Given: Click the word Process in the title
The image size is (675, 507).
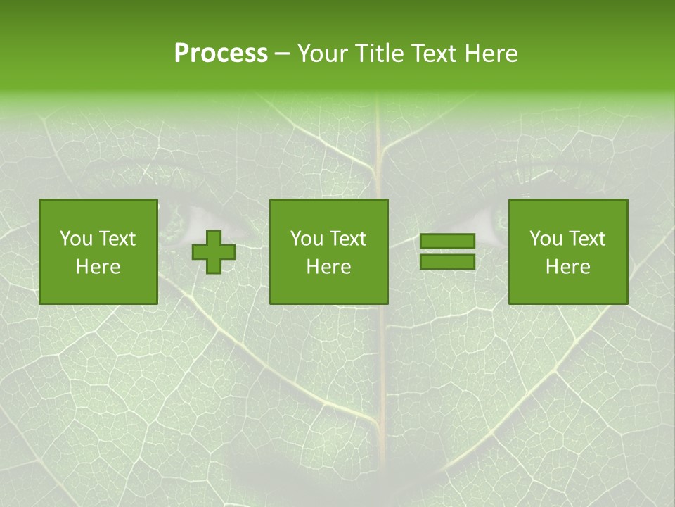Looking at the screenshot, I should point(221,54).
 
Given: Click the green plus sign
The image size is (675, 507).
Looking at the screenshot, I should point(214,252).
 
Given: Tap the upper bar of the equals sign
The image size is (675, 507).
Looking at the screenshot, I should point(447,242).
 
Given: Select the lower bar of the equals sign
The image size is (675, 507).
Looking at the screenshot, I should point(447,262).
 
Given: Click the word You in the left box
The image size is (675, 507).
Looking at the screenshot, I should point(76,239).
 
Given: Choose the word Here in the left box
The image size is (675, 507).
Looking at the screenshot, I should point(98,267).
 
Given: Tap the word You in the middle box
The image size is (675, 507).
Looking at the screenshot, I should point(307,239).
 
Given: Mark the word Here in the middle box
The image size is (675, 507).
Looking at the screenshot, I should point(328,267).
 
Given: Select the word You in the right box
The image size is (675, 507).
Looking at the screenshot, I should point(546,239).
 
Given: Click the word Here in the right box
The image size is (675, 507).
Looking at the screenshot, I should point(567,267).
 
